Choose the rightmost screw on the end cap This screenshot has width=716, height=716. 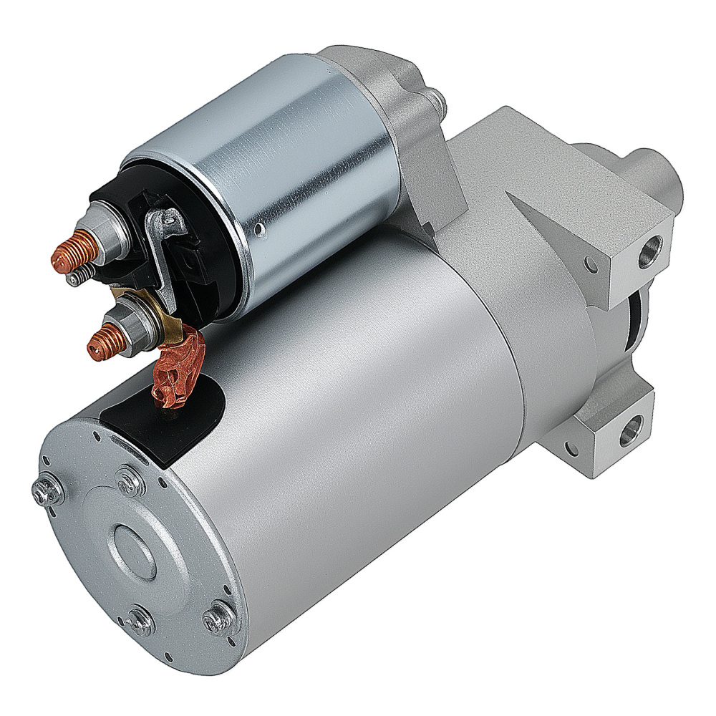click(218, 617)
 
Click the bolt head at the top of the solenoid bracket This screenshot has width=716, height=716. click(435, 101)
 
